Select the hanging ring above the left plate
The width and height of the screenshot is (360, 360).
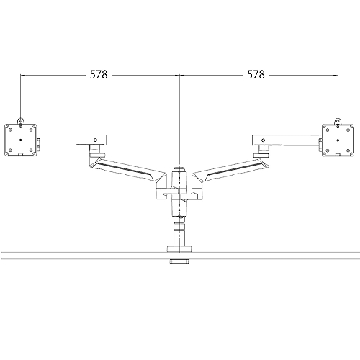[20, 120]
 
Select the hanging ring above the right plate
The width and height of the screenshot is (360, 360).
[338, 120]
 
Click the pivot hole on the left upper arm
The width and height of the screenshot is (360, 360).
[95, 137]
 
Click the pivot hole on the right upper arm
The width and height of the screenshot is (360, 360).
[264, 137]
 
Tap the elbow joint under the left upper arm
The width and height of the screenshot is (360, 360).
[95, 151]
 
